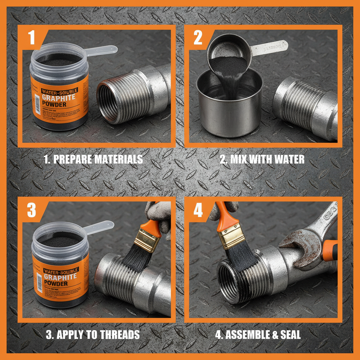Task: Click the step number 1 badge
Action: pyautogui.click(x=32, y=38)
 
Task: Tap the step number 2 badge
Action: pyautogui.click(x=198, y=38)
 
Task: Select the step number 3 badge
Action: pyautogui.click(x=32, y=210)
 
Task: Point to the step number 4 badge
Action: pyautogui.click(x=198, y=210)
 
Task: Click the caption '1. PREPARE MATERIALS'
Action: pyautogui.click(x=93, y=159)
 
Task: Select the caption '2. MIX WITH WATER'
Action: pyautogui.click(x=262, y=159)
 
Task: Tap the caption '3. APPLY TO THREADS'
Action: pyautogui.click(x=93, y=334)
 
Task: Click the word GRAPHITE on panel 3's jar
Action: pyautogui.click(x=60, y=277)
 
